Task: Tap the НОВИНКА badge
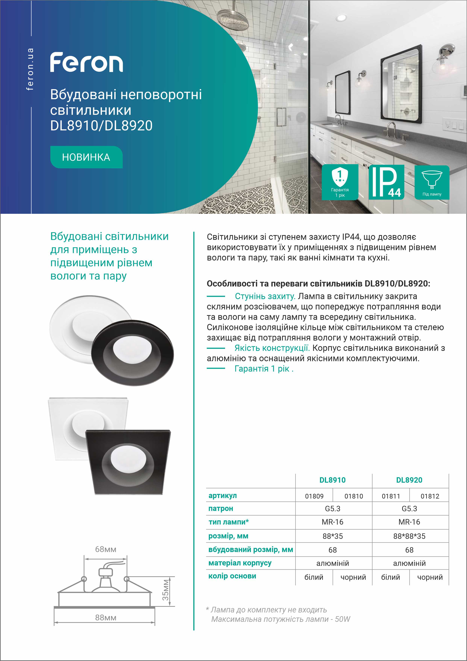(x=86, y=157)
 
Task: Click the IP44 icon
(x=386, y=182)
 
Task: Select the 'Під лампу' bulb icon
(x=432, y=182)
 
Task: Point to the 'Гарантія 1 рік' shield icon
(x=340, y=182)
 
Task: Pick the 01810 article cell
(x=353, y=496)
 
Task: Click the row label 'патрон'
(x=221, y=508)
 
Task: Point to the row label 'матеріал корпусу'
(x=240, y=563)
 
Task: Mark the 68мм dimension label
(x=105, y=549)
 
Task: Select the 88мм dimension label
(x=105, y=618)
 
